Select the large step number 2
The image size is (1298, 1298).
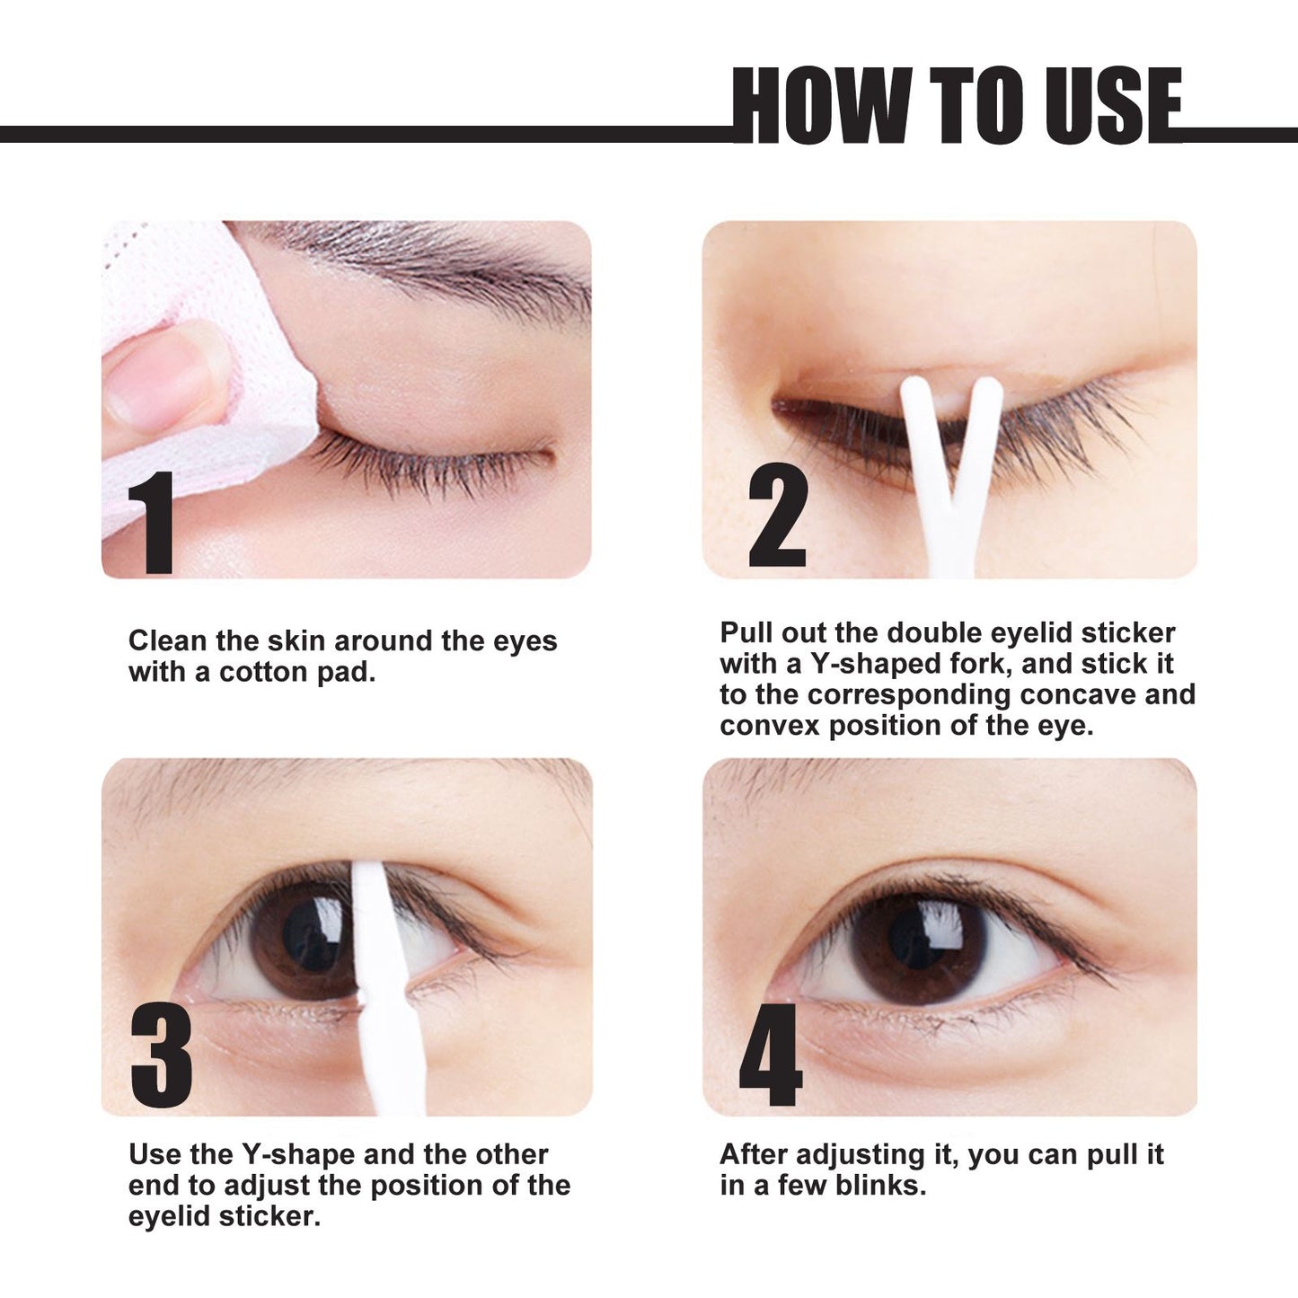[x=778, y=519]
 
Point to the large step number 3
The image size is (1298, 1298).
[x=162, y=1055]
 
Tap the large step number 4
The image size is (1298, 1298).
[x=771, y=1055]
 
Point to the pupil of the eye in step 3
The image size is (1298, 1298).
[x=310, y=934]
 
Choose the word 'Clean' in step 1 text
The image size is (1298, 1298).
[x=168, y=641]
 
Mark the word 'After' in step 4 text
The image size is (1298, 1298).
[x=754, y=1154]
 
